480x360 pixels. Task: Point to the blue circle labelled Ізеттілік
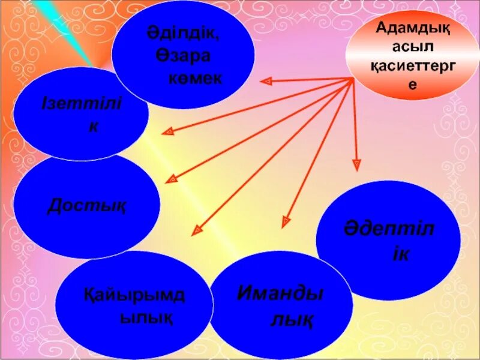[81, 114]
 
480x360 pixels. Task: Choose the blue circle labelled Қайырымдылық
[134, 303]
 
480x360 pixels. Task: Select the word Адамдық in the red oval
[413, 26]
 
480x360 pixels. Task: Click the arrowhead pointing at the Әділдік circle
[265, 80]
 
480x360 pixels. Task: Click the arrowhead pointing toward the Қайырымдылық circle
[196, 231]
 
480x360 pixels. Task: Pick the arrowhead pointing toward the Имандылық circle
[286, 221]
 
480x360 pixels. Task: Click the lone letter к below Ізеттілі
[93, 127]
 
